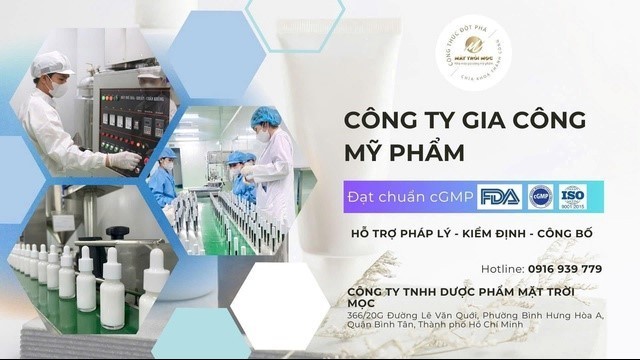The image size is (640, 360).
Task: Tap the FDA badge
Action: (499, 196)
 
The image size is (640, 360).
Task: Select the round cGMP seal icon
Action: (541, 196)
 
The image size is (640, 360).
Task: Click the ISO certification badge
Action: (573, 196)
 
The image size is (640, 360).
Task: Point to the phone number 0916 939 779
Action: (565, 269)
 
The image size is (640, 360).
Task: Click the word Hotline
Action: (502, 269)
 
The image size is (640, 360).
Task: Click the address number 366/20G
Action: (364, 315)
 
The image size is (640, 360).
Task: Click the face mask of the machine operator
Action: (59, 88)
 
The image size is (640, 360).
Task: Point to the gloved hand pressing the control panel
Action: (123, 160)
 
